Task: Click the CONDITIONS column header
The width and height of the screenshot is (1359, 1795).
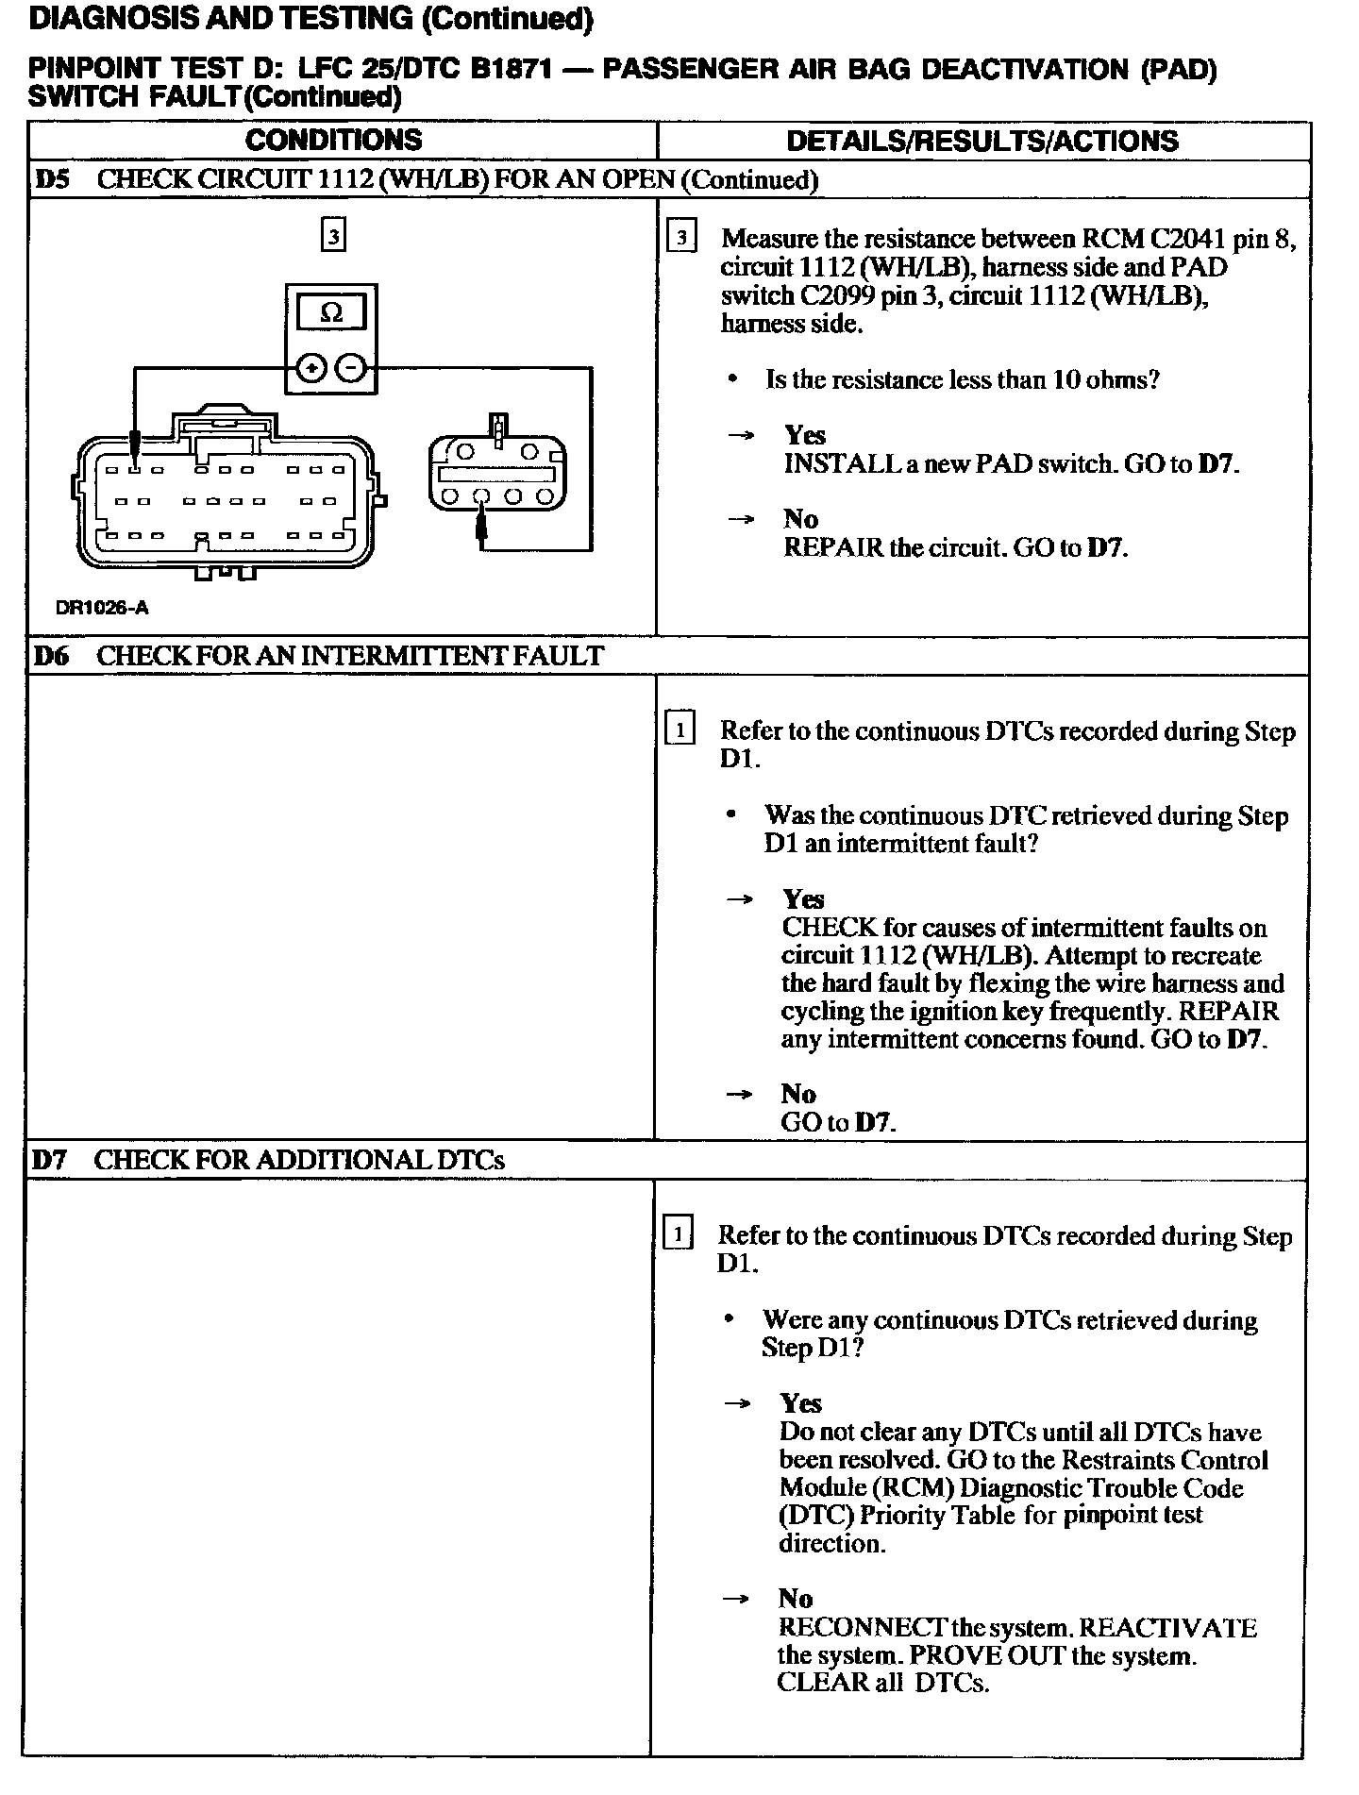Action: point(333,141)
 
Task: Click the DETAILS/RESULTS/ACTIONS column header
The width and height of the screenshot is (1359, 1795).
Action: point(981,142)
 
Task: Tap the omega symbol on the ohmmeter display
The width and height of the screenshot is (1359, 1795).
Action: point(331,312)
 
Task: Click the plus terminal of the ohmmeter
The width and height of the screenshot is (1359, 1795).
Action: point(311,368)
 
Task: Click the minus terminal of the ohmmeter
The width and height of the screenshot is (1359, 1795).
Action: point(351,368)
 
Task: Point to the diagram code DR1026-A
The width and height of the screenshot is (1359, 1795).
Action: point(102,608)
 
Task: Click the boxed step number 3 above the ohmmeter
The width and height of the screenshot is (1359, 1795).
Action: point(332,235)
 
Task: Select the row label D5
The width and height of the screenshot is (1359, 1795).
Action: point(53,180)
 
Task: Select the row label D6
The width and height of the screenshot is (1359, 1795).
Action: point(53,656)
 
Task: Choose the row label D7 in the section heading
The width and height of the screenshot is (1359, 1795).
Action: point(51,1160)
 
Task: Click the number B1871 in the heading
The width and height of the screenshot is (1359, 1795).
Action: point(509,70)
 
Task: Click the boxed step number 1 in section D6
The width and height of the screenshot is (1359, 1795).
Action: point(679,730)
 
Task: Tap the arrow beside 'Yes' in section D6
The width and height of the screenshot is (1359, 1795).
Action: point(740,899)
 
